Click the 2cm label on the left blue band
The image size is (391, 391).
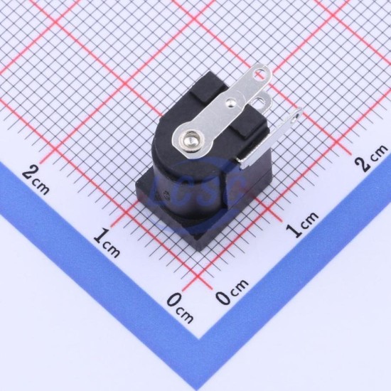pos(36,178)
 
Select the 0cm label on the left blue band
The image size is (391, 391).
pos(180,308)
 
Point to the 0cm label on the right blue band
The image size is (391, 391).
pos(232,291)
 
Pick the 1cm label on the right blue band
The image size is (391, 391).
pos(302,224)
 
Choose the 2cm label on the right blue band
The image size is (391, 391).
pos(372,157)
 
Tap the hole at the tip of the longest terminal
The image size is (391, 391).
pos(258,73)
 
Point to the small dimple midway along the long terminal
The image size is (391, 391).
pos(230,102)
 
